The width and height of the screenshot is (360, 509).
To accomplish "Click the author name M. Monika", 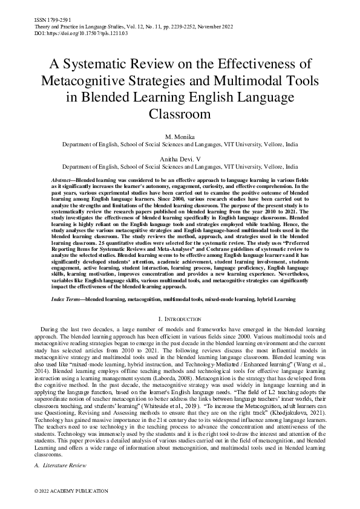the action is point(180,138).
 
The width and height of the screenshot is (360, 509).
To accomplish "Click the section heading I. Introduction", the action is point(180,318).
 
